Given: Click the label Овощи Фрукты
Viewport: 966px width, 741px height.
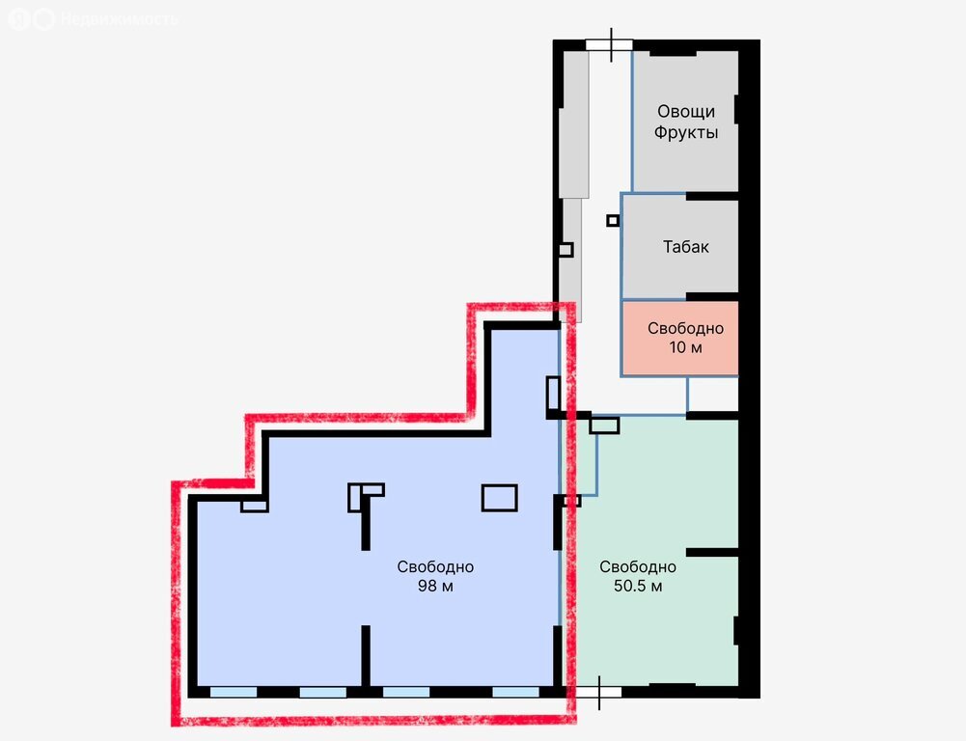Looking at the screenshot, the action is point(686,122).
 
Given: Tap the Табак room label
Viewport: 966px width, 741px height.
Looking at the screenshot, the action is point(686,247).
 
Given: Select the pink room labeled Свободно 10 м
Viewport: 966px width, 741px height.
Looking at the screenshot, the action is point(680,338).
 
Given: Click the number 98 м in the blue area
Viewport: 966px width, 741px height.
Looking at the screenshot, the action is point(435,586).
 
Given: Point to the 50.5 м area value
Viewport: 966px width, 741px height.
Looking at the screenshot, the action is point(638,586).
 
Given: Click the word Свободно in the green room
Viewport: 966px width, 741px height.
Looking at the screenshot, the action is point(638,566).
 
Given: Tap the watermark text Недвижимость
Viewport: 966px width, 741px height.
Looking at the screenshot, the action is point(120,19).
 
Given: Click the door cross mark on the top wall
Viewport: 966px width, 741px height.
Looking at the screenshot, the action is point(611,44).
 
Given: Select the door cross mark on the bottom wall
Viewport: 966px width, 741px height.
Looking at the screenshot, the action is point(599,693).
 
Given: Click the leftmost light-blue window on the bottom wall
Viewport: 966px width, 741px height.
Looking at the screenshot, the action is point(234,693).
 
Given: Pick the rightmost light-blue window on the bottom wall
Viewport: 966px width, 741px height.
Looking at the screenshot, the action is point(515,693).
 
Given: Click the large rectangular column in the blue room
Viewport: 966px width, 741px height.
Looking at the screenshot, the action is point(499,498).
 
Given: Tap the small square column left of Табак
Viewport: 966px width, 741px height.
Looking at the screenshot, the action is point(613,221).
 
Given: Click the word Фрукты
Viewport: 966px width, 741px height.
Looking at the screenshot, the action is point(686,133).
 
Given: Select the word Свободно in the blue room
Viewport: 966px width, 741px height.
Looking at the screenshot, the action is point(435,566).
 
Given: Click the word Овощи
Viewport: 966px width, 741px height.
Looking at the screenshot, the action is point(686,112).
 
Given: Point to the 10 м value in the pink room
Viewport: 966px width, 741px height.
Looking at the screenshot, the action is point(686,347).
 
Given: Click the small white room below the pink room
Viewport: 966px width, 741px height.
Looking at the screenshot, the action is point(713,395).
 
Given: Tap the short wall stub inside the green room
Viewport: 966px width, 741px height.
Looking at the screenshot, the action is point(712,553).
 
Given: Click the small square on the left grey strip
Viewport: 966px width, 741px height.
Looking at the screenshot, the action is point(566,250).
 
